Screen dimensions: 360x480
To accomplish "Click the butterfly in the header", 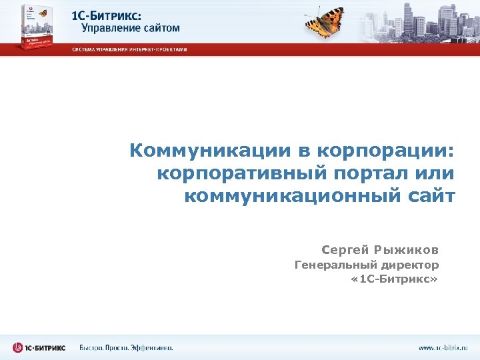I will pyautogui.click(x=325, y=23).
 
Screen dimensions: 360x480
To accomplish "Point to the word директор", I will pyautogui.click(x=408, y=265).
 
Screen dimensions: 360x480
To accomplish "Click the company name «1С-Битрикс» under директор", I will pyautogui.click(x=394, y=279).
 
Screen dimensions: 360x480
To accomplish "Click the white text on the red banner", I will pyautogui.click(x=130, y=49).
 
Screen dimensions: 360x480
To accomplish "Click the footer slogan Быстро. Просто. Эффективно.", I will pyautogui.click(x=127, y=347).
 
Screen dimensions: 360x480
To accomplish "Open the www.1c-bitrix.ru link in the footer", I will pyautogui.click(x=443, y=347).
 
